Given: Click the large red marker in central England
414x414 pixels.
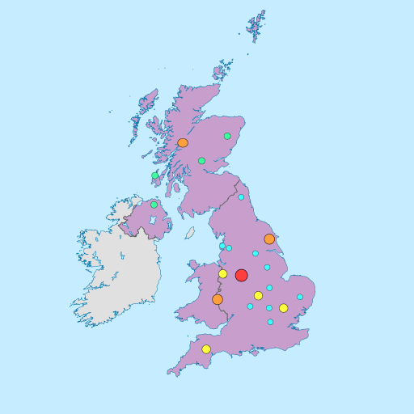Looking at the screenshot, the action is [x=241, y=275].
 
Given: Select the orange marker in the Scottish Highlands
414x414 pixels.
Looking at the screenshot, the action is [x=183, y=142].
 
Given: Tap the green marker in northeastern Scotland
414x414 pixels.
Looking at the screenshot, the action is [x=227, y=136].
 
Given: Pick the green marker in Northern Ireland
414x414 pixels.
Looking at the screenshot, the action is [x=154, y=205].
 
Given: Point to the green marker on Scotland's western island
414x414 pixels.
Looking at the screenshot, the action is [x=154, y=175].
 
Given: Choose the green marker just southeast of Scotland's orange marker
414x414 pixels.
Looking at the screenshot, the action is [x=201, y=161].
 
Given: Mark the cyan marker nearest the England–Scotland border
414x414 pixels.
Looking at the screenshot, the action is [x=241, y=197].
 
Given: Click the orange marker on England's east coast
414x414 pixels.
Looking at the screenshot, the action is [x=269, y=239].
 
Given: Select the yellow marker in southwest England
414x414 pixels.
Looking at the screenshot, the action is [x=206, y=349].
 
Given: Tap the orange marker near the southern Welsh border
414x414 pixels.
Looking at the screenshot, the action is [x=218, y=299].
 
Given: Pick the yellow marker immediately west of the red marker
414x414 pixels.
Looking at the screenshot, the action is [x=223, y=274].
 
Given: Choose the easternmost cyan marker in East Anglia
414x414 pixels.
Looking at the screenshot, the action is [x=300, y=297].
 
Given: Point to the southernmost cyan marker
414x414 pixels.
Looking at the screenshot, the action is [x=271, y=322].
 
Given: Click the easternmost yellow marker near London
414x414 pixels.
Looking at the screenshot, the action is [x=283, y=308].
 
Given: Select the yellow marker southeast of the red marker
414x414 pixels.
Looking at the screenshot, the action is [x=258, y=295].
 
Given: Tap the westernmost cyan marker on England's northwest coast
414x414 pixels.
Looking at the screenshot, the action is [x=222, y=246].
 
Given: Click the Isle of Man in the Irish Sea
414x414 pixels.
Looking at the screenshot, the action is [x=190, y=233].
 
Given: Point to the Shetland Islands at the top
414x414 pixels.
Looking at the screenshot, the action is [x=256, y=27].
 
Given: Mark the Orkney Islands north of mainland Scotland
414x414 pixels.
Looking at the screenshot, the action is [x=223, y=70].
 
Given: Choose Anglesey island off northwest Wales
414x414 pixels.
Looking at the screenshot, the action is [x=194, y=264].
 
